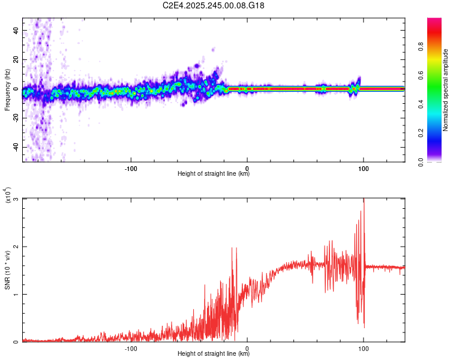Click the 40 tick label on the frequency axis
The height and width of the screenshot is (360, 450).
click(16, 30)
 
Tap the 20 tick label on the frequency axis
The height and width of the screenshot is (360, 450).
click(16, 59)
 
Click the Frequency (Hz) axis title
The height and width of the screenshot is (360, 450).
click(7, 90)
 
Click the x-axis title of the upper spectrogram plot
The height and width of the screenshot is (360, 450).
click(214, 174)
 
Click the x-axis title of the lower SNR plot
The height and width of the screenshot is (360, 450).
click(214, 354)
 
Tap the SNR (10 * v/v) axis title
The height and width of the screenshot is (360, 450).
click(7, 270)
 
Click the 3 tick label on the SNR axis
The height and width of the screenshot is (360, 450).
click(16, 199)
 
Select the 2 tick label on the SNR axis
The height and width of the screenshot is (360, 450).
click(16, 247)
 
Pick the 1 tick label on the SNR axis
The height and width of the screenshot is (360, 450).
click(16, 295)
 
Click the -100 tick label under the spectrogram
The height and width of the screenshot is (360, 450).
click(131, 167)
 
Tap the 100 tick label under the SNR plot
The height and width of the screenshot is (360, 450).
click(364, 347)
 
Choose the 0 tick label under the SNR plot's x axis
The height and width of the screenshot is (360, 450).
click(248, 347)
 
